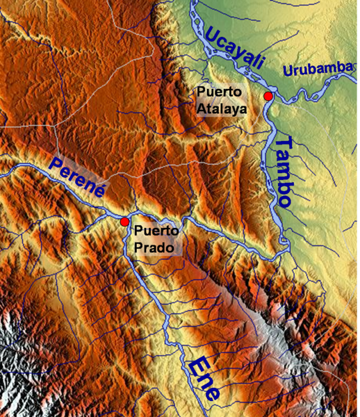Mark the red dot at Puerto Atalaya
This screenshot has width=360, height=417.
click(268, 96)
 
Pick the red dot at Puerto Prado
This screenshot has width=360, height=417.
click(124, 222)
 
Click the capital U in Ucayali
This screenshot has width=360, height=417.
click(212, 31)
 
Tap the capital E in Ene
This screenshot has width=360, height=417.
click(195, 364)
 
